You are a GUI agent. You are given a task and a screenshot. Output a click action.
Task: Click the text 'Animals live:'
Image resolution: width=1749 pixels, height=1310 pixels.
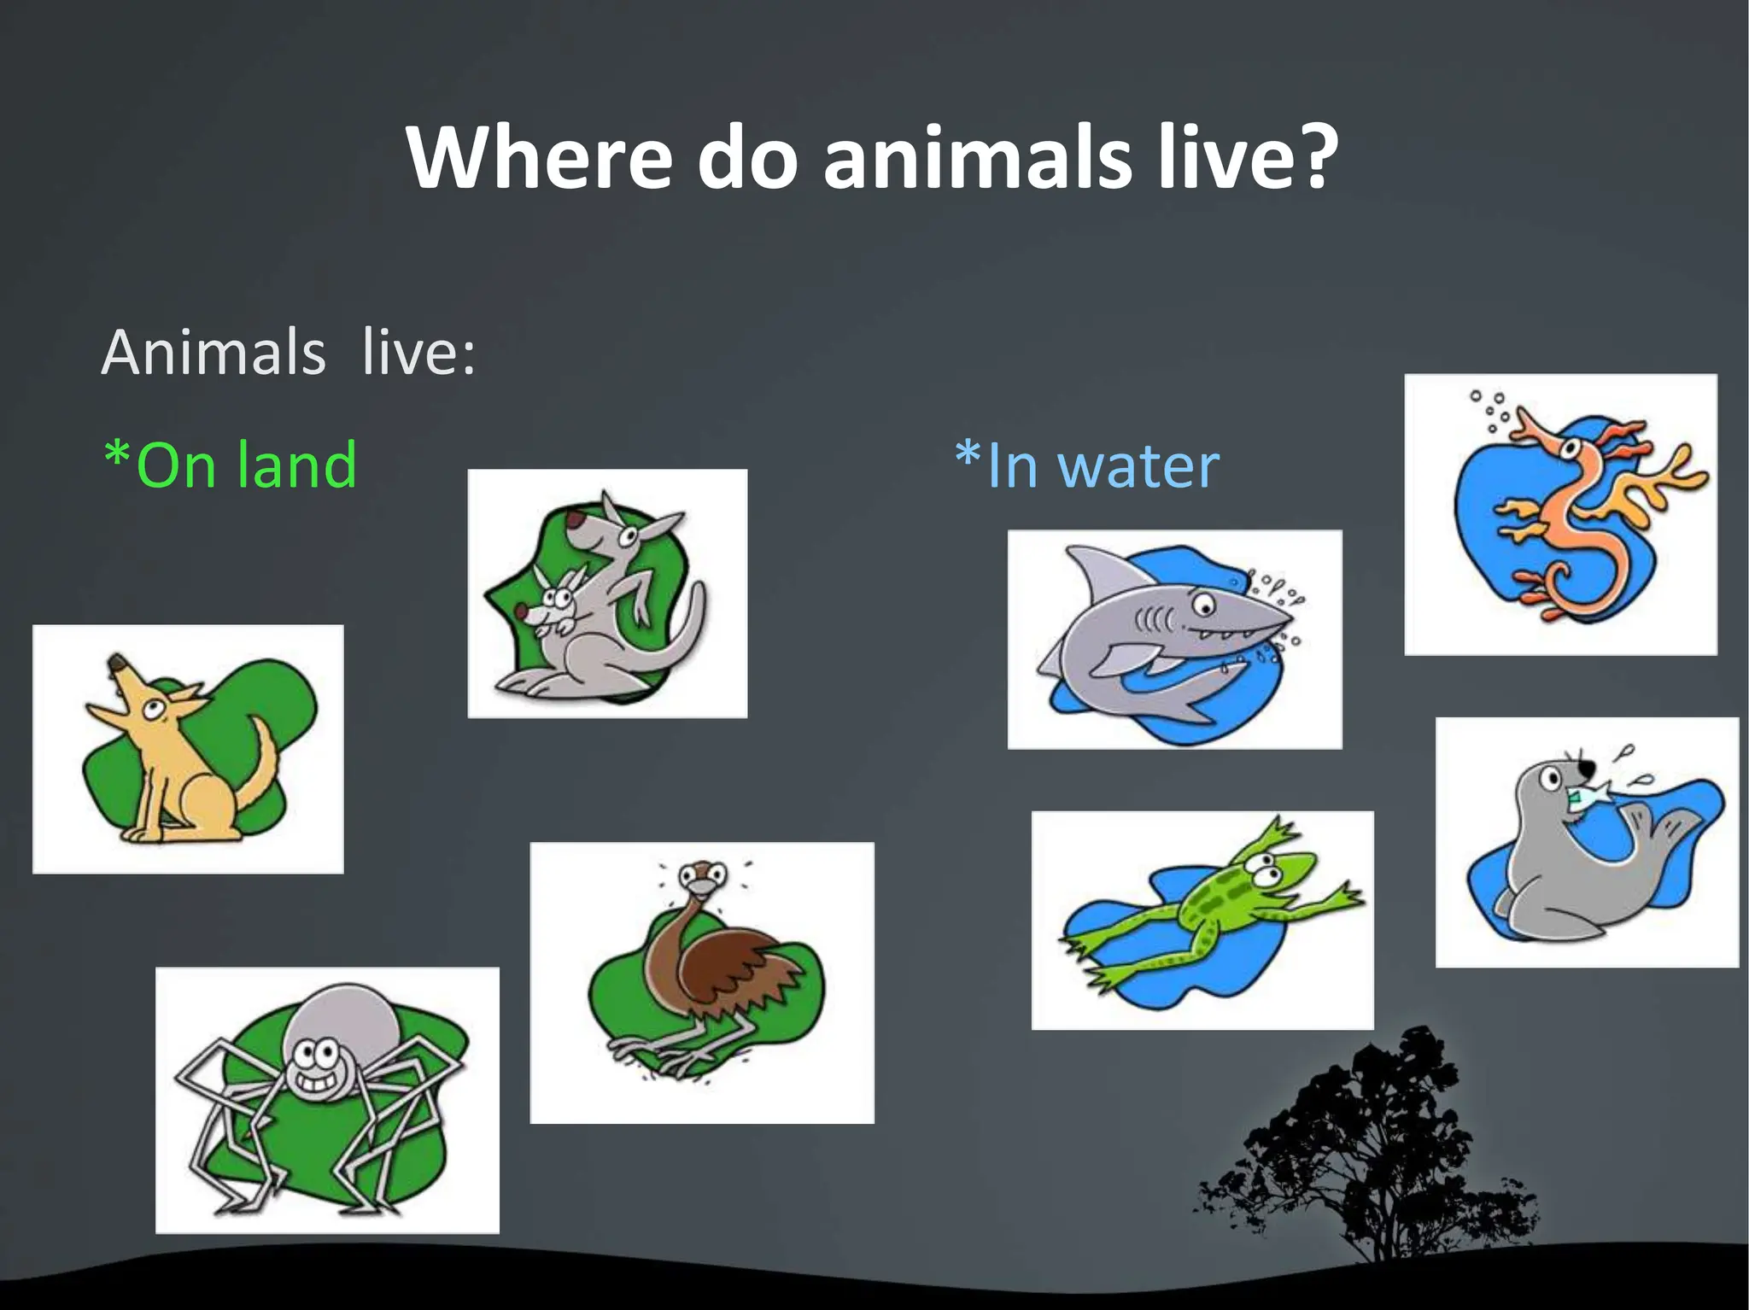[x=289, y=352]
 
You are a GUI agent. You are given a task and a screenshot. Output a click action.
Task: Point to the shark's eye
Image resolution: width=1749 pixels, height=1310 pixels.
[x=1204, y=605]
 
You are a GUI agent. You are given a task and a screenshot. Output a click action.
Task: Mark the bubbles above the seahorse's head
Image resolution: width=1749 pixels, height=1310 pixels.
[x=1490, y=410]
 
